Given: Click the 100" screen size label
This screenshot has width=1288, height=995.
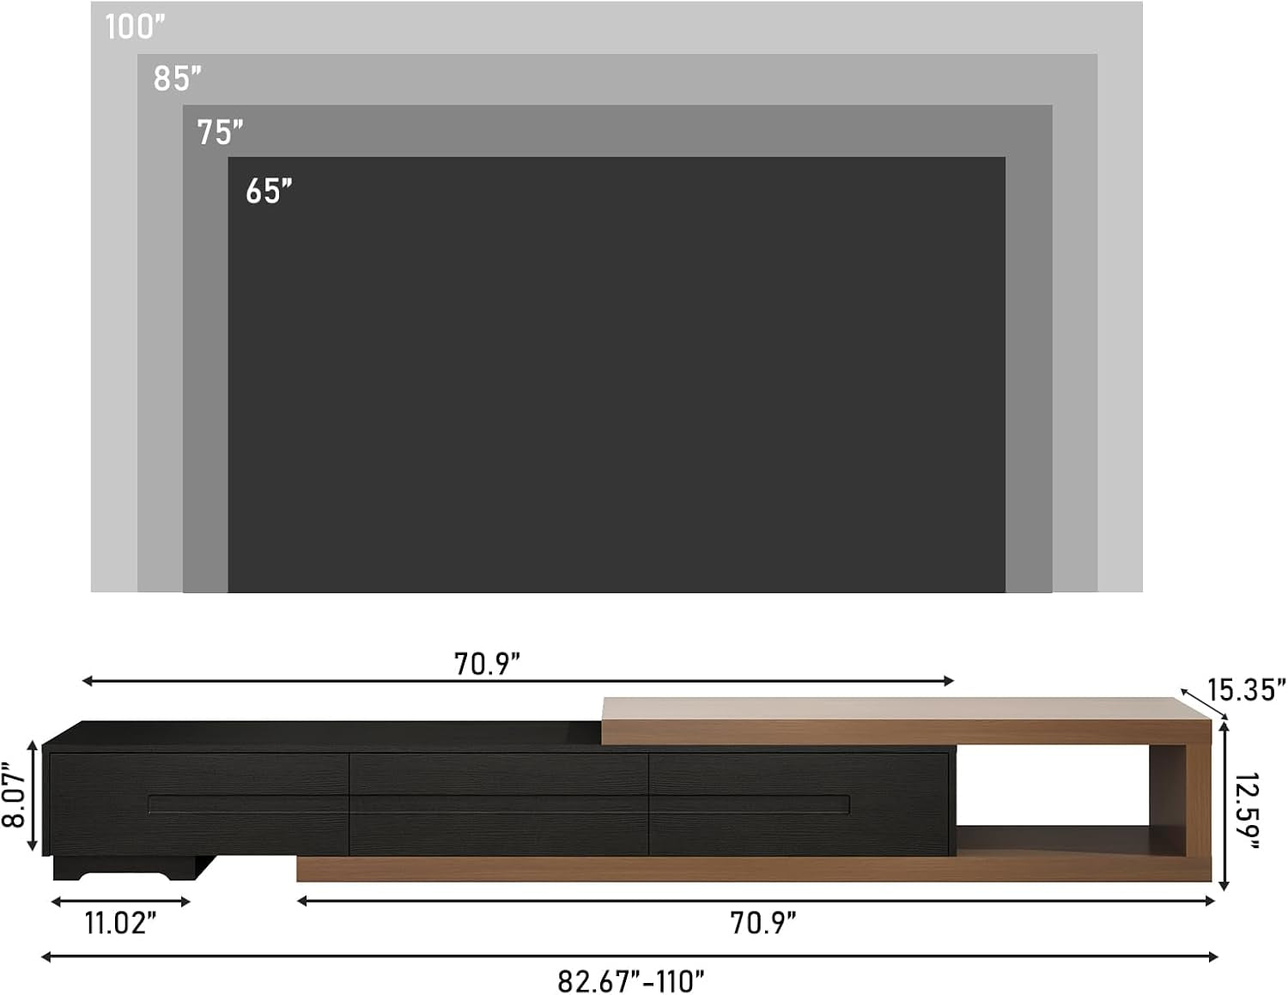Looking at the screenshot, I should point(134,27).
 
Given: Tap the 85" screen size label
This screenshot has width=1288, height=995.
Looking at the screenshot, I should point(177,79).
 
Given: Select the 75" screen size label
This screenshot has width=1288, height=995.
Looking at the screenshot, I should point(220,133).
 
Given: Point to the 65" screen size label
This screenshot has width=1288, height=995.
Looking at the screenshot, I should point(269,191).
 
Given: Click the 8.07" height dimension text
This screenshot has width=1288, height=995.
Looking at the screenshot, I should point(14,796).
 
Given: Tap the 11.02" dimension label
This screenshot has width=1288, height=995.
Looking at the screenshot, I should point(120,923).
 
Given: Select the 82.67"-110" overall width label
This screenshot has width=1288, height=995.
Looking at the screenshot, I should point(631,980).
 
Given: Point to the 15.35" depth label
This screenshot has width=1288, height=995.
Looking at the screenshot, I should point(1246,689).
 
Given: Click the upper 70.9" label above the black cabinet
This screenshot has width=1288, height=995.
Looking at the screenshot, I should point(487,664).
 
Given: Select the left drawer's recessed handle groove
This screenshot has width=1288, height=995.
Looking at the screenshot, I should point(249,804).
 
